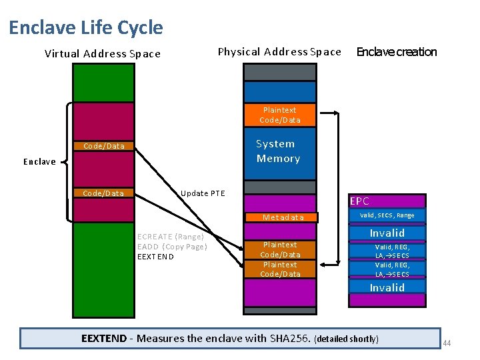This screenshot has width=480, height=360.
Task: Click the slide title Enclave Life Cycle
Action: [x=86, y=27]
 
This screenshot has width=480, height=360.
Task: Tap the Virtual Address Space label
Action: [x=102, y=54]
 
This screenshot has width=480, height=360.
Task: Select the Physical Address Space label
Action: [x=279, y=52]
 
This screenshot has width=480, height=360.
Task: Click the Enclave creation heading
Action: [x=397, y=52]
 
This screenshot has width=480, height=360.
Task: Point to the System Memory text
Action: [x=278, y=151]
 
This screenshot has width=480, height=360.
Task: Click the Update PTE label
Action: [x=203, y=193]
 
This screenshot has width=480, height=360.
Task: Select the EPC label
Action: [x=359, y=201]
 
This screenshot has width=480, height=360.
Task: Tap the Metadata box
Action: [x=283, y=217]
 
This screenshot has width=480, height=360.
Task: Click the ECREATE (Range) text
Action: [x=170, y=237]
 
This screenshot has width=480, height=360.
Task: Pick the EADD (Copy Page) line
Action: [x=172, y=247]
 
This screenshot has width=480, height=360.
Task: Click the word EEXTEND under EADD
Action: [x=155, y=257]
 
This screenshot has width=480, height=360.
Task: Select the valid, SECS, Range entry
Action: [x=387, y=215]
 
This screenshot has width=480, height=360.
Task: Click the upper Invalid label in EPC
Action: [x=387, y=233]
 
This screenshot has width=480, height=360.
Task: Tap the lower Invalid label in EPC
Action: [x=387, y=287]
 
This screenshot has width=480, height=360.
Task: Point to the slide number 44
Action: [x=447, y=343]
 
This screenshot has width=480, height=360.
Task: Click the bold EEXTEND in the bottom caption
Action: [x=103, y=338]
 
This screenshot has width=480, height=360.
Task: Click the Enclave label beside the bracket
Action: [x=39, y=162]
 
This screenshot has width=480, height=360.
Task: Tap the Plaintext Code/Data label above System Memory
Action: [x=280, y=115]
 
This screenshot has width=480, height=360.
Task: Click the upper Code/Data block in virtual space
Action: [x=103, y=146]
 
